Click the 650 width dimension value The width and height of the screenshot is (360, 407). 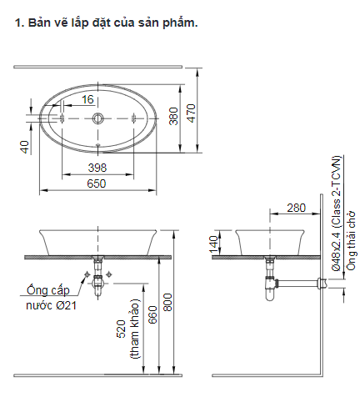click(x=97, y=183)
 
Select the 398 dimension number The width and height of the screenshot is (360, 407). click(x=97, y=168)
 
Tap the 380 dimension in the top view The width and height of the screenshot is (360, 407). click(x=173, y=116)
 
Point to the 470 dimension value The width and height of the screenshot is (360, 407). click(x=191, y=113)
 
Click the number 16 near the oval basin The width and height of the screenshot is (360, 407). click(x=87, y=99)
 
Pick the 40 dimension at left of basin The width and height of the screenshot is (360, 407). click(x=24, y=147)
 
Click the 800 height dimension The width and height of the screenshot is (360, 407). click(x=167, y=302)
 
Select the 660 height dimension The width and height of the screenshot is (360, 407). click(x=152, y=315)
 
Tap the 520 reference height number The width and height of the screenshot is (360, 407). click(x=121, y=329)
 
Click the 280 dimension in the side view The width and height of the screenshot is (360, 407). click(x=296, y=208)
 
